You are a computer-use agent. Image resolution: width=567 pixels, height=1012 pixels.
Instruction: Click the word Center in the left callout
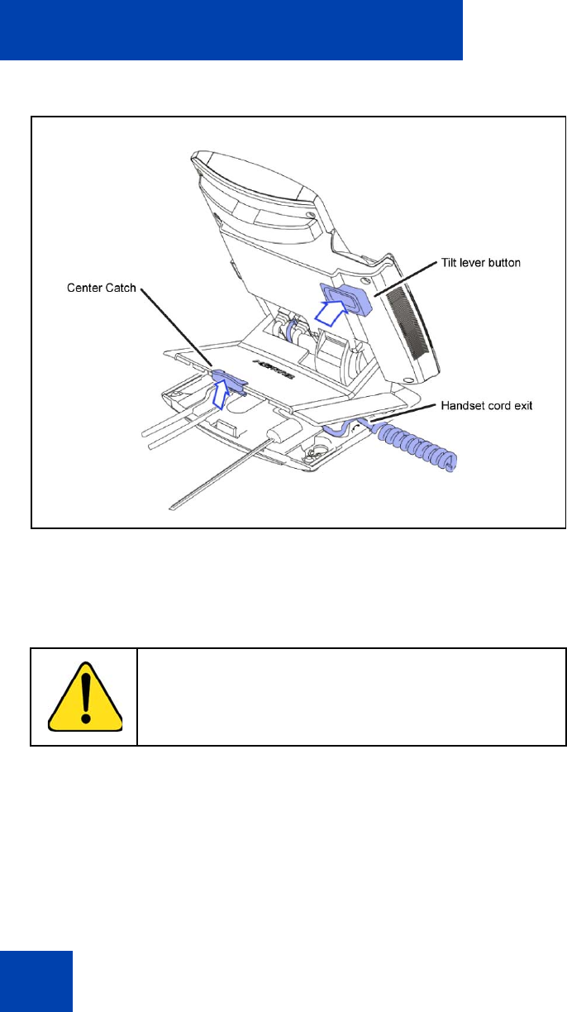coord(84,288)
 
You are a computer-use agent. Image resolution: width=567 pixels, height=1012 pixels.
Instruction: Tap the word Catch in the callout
coord(120,288)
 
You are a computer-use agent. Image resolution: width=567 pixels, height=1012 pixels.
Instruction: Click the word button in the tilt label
coord(503,262)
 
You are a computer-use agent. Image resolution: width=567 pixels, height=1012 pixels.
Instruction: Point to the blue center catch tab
coord(229,379)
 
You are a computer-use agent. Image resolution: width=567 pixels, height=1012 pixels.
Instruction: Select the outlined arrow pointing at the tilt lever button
coord(331,313)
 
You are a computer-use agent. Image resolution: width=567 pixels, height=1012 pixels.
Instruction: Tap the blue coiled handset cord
coord(417,447)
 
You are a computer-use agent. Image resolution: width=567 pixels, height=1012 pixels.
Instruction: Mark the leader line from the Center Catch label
coord(176,327)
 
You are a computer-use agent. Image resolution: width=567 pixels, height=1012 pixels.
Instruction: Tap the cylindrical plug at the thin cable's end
coord(284,430)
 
